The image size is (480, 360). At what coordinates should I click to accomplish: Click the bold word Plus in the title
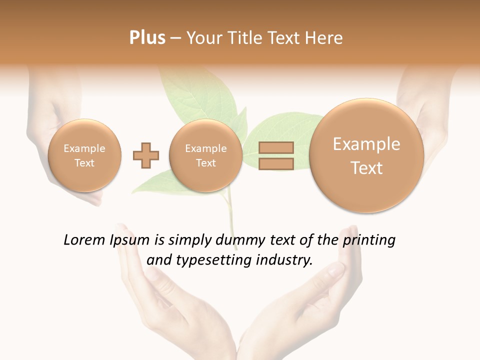pos(147,38)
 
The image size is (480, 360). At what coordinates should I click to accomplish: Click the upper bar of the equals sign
pos(275,148)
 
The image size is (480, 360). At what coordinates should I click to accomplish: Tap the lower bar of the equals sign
pos(275,164)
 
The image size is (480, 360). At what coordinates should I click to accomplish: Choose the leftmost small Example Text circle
pos(84,155)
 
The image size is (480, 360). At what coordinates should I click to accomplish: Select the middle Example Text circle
pos(206,155)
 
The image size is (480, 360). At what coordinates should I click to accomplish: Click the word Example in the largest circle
pos(366,144)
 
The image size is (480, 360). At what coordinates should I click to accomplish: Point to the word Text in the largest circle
pos(366,168)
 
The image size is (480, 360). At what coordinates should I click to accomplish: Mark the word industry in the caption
pos(284,260)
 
